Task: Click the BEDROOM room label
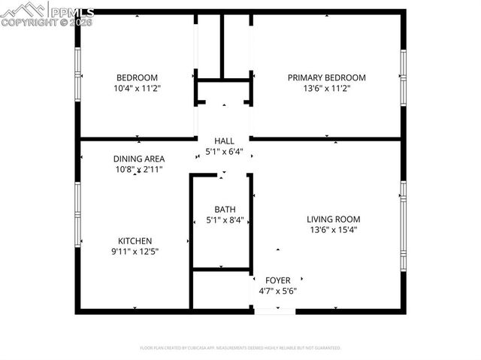(137, 77)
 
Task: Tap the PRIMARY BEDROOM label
(327, 77)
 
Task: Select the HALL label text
(224, 141)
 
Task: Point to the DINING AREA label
(139, 159)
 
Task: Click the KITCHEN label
(135, 241)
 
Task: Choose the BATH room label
(224, 210)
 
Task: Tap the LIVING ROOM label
(333, 219)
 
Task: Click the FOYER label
(277, 280)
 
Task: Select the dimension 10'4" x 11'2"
(137, 88)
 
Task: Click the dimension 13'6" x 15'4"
(333, 230)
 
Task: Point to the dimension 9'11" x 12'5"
(135, 251)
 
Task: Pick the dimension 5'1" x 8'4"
(224, 220)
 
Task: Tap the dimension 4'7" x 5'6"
(277, 291)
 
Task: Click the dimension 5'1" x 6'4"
(224, 151)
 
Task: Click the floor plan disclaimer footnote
(240, 348)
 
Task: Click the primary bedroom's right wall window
(403, 75)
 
